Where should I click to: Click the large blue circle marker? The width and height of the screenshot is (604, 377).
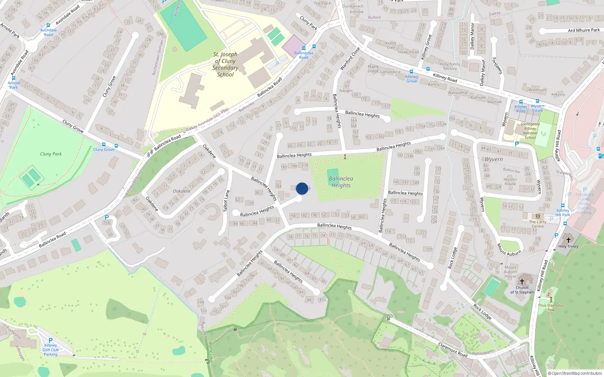(302, 188)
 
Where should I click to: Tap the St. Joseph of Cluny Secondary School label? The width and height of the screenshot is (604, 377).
(225, 64)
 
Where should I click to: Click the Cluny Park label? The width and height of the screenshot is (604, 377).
(51, 154)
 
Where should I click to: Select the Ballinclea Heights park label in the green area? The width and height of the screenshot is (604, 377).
(341, 182)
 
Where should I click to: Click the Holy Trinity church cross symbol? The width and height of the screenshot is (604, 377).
(568, 240)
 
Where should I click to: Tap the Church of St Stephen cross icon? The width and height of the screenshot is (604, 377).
(522, 281)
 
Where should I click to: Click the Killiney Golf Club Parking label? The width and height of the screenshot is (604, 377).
(51, 349)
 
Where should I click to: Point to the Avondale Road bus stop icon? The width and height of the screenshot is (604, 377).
(48, 25)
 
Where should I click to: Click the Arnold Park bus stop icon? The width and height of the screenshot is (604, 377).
(14, 78)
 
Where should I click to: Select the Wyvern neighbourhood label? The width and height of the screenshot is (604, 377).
(493, 159)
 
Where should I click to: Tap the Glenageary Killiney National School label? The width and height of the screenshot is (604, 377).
(530, 131)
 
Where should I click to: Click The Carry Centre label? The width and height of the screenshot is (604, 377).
(538, 224)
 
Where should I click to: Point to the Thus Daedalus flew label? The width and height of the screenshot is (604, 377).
(551, 308)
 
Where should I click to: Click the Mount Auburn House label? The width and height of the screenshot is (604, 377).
(510, 271)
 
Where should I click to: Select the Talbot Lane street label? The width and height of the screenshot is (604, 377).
(226, 201)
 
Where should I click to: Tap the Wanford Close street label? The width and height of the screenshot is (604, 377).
(350, 58)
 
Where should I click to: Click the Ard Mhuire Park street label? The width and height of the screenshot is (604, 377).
(584, 30)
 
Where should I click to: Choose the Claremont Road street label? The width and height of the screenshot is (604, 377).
(453, 349)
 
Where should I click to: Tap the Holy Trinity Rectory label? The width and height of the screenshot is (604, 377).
(450, 66)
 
